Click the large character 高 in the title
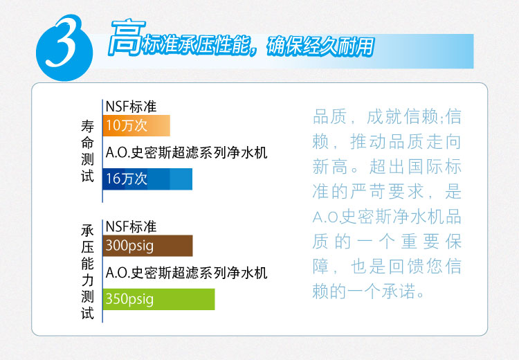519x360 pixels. (127, 37)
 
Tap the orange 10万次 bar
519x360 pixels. (136, 125)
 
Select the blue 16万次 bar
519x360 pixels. (147, 179)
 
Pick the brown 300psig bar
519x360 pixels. (147, 246)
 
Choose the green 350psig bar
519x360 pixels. (159, 299)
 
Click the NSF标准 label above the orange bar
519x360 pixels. (131, 107)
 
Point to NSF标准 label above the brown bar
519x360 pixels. (131, 227)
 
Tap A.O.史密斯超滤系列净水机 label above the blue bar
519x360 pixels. (186, 153)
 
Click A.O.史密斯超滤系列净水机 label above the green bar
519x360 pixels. (186, 273)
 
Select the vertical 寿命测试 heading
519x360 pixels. (87, 151)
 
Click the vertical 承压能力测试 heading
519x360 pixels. (87, 271)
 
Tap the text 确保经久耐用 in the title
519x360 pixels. (320, 46)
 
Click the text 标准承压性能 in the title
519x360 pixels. (196, 45)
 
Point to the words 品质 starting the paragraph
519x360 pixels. (329, 117)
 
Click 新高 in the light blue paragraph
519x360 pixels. (329, 167)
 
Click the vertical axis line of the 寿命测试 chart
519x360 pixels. (102, 151)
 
